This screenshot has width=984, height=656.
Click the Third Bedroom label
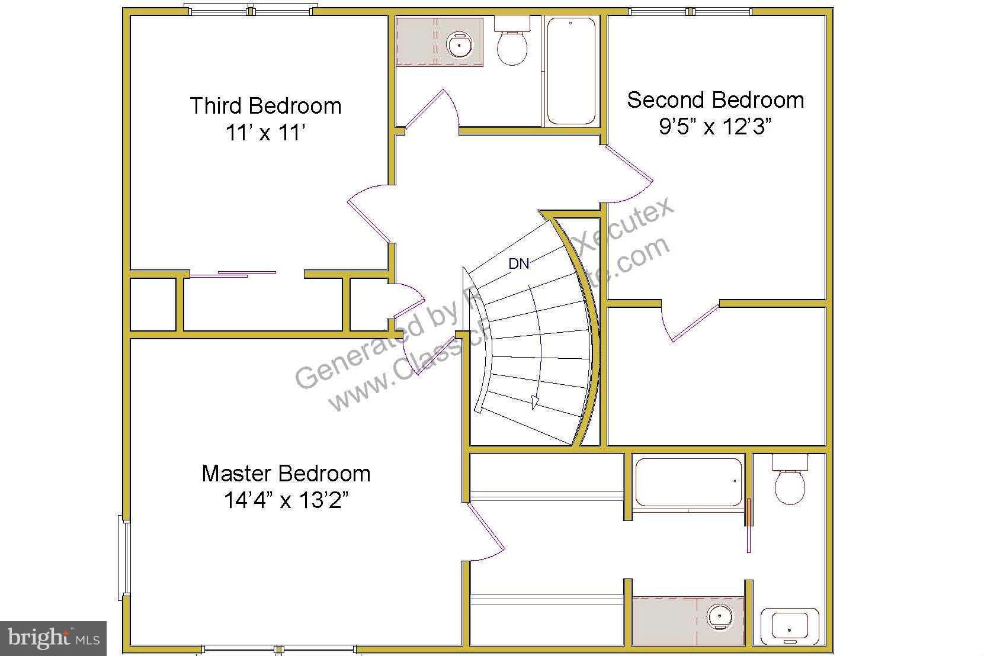(x=265, y=106)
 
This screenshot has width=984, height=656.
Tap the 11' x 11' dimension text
(x=265, y=133)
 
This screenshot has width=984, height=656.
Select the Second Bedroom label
(x=715, y=100)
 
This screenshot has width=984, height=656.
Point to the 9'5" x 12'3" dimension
(x=715, y=126)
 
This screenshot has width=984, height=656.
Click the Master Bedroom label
(x=286, y=474)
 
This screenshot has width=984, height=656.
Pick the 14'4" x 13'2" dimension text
(x=286, y=501)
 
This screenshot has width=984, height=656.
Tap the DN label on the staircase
(x=519, y=264)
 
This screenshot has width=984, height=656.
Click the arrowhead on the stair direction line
(x=535, y=402)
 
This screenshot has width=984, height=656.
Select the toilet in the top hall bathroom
(x=512, y=43)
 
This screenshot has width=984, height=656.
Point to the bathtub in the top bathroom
(x=570, y=71)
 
